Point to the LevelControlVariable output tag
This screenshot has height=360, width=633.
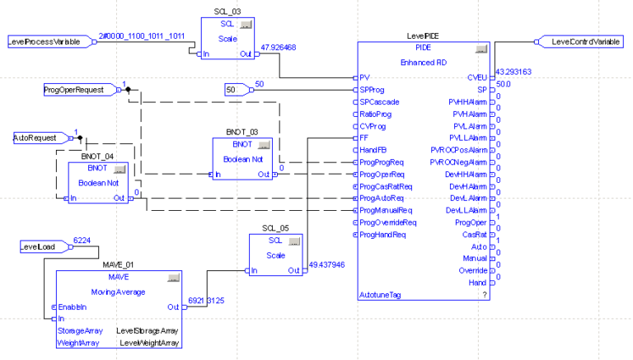coord(585,41)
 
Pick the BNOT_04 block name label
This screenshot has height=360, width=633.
coord(96,155)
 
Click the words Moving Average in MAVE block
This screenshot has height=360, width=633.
coord(118,292)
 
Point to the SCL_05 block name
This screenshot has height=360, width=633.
coord(271,228)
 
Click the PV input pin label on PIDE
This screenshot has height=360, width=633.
coord(365,77)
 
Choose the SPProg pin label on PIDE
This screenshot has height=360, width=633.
coord(373,89)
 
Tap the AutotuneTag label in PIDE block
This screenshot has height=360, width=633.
coord(380,294)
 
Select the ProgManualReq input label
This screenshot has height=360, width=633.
coord(387,210)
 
